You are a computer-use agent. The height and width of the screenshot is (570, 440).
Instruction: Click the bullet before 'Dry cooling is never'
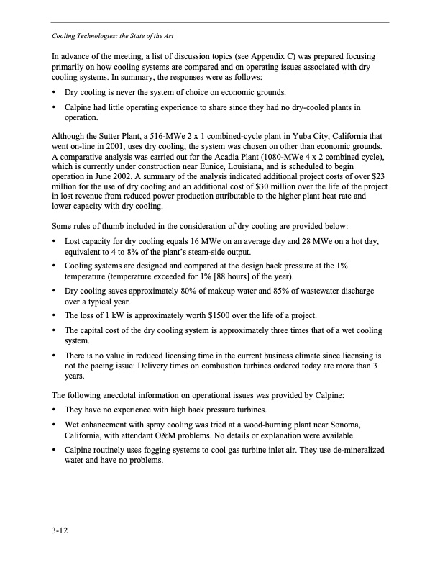(x=55, y=93)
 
